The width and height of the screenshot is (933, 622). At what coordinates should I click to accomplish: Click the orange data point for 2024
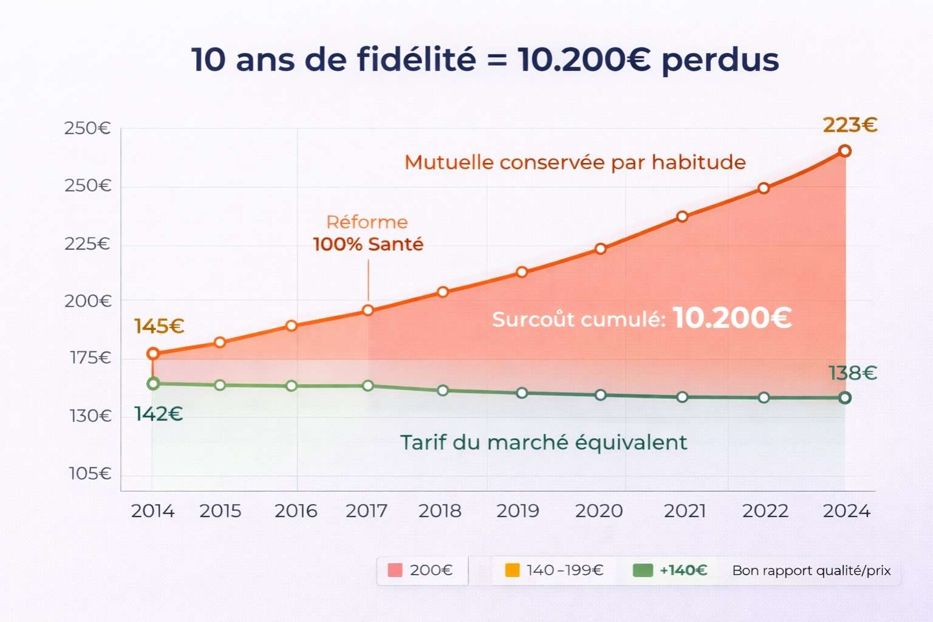tap(844, 151)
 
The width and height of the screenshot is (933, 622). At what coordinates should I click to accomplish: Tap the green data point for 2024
tap(844, 398)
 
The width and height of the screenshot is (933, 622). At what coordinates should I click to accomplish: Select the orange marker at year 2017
tap(368, 310)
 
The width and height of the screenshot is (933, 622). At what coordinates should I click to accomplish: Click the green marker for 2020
tap(601, 395)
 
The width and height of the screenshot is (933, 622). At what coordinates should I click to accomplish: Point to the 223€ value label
tap(850, 125)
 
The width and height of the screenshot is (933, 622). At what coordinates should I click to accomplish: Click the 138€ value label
tap(853, 373)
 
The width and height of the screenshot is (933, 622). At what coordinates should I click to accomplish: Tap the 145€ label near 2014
tap(159, 327)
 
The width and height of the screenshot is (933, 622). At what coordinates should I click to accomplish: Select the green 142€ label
tap(159, 414)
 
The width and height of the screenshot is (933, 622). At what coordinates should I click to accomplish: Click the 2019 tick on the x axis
tap(518, 511)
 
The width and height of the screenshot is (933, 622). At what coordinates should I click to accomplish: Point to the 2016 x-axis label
tap(296, 511)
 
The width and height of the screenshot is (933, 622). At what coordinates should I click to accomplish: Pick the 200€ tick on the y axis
tap(88, 301)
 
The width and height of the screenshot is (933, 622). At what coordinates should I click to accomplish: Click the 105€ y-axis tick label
tap(90, 473)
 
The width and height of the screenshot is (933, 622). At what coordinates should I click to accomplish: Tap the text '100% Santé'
tap(368, 244)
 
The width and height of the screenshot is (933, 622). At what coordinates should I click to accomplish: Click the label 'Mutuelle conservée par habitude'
tap(575, 163)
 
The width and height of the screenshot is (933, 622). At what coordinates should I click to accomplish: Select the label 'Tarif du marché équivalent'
tap(544, 443)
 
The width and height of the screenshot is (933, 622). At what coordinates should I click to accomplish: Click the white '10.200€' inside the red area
tap(732, 318)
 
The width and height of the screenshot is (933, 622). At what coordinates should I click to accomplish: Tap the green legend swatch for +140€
tap(643, 570)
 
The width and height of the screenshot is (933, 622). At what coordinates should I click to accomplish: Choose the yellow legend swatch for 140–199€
tap(512, 570)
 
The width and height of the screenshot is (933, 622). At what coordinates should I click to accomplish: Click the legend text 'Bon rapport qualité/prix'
tap(811, 571)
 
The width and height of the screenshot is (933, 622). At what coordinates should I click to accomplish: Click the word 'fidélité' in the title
tap(416, 60)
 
